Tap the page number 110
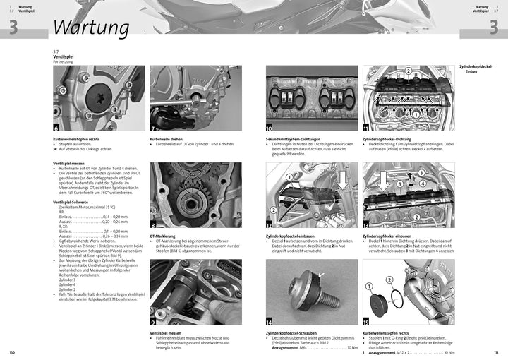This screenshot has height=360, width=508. [x=11, y=352]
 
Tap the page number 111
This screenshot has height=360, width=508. [x=496, y=352]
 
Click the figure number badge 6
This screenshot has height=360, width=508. [x=57, y=128]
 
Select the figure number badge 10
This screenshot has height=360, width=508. [x=270, y=128]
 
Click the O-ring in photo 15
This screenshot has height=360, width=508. [x=409, y=289]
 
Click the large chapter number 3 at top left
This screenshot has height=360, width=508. [x=13, y=27]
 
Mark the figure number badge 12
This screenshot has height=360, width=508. [x=270, y=224]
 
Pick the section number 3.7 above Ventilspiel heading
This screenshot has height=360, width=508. [x=56, y=52]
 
